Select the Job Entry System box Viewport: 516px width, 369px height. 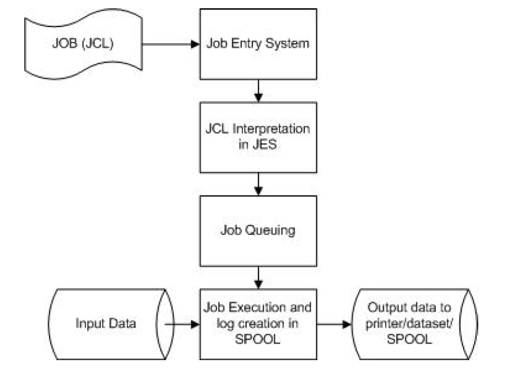click(x=258, y=44)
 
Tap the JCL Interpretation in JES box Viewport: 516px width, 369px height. click(x=258, y=137)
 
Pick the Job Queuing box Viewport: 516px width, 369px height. click(x=258, y=230)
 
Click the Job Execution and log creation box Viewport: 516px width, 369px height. click(x=258, y=324)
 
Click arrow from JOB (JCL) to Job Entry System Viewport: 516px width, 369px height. click(x=171, y=44)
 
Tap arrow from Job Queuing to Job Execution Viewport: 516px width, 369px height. click(x=258, y=276)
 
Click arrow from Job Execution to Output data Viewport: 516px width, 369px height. click(x=334, y=324)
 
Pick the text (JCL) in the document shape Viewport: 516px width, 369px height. click(x=104, y=44)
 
